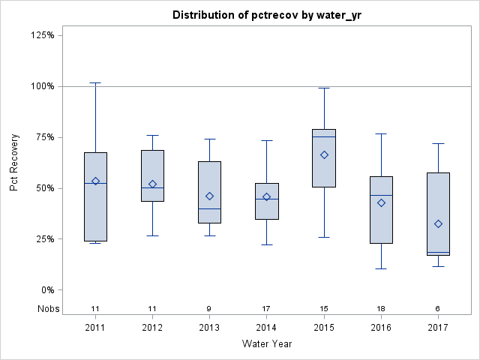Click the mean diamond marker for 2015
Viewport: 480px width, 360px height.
(324, 154)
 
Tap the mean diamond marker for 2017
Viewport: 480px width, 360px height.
(438, 223)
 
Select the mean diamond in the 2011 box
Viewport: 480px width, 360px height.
(95, 181)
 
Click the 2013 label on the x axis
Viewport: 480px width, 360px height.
(209, 327)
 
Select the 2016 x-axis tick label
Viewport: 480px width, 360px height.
(381, 327)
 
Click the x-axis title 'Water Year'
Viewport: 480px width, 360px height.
(267, 344)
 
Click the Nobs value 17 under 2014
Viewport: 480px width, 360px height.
(267, 308)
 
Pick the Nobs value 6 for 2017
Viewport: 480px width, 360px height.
(438, 308)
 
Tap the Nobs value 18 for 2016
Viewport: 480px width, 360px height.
(381, 308)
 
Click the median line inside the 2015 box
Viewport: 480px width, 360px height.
(324, 136)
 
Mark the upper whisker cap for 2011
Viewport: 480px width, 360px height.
(95, 82)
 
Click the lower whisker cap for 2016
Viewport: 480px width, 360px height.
(381, 268)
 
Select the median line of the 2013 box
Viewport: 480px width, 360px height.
(209, 208)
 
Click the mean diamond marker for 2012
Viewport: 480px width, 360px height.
(152, 184)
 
